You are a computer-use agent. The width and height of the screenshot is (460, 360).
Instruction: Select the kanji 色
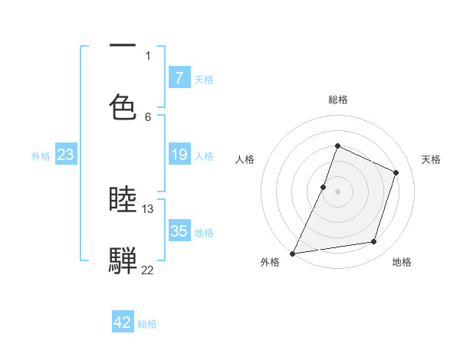123,106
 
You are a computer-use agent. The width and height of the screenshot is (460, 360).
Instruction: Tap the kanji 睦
123,200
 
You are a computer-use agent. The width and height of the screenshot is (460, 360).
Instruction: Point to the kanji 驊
123,260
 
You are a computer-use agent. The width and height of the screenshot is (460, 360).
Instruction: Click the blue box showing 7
179,77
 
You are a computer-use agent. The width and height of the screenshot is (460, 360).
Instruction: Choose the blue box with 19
179,155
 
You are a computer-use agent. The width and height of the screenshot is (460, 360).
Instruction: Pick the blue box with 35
179,231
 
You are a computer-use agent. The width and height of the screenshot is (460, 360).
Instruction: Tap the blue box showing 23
65,155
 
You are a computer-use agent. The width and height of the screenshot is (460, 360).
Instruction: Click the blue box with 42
123,322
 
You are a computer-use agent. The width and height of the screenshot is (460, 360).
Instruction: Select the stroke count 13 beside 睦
148,208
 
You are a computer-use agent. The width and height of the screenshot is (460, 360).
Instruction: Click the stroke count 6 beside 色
148,116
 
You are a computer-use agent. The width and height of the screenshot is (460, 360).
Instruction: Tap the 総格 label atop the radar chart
337,100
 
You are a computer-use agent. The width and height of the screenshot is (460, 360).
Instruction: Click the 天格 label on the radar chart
432,159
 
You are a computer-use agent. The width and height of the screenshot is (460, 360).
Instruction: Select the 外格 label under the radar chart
270,262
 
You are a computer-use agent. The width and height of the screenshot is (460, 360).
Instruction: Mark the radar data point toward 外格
292,253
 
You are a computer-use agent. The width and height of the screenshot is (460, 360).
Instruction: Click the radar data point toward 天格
396,172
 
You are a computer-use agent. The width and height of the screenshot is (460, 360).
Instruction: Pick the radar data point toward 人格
324,187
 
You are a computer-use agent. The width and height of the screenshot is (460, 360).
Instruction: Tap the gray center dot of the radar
337,191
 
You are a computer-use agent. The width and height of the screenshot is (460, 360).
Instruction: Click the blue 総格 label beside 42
147,324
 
